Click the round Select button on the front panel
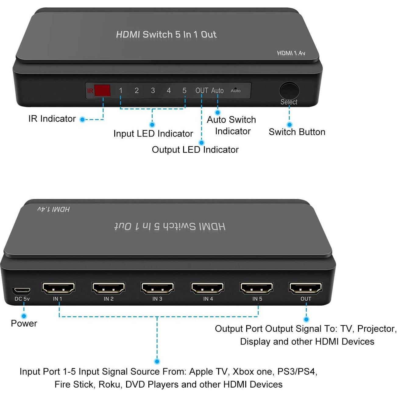289,90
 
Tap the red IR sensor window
102,90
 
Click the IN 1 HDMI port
58,288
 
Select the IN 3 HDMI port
157,288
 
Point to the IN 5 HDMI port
257,288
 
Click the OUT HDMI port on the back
306,288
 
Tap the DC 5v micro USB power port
21,290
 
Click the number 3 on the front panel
153,90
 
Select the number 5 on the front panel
184,90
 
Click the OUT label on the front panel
202,90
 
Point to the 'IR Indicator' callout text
52,119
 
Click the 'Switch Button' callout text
297,132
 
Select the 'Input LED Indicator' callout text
153,133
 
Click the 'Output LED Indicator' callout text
195,150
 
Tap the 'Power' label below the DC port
24,323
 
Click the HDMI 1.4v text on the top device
291,53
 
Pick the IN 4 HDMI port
207,288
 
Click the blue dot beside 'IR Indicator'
82,119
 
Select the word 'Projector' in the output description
377,329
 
